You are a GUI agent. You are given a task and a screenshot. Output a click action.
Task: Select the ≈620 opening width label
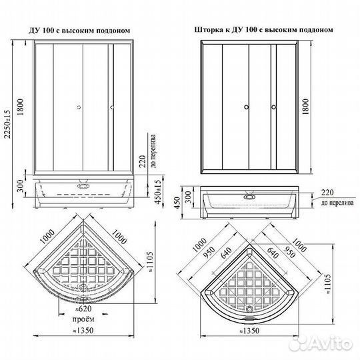83,309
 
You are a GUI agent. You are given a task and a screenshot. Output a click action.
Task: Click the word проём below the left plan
82,319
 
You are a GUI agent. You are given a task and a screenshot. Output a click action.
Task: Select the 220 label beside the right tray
327,191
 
